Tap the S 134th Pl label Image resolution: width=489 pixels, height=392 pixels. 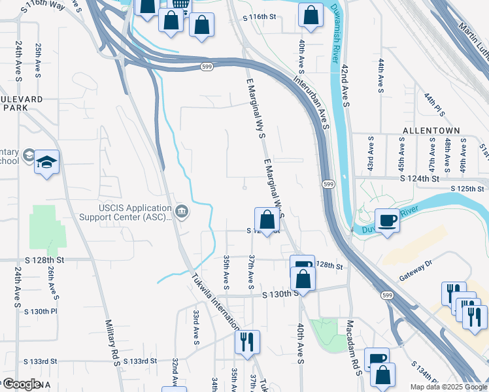pos(429,374)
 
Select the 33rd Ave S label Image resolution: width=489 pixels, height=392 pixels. pos(195,327)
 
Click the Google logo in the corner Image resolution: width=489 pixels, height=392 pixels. pos(22,384)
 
